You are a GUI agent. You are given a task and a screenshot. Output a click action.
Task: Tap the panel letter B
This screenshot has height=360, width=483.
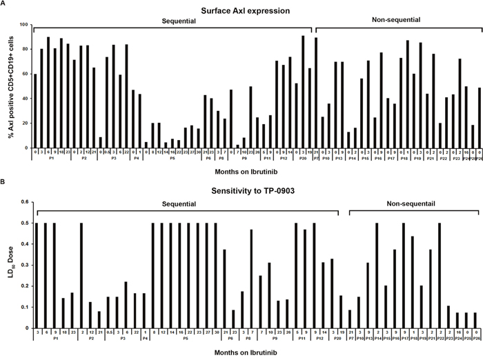pyautogui.click(x=4, y=183)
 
